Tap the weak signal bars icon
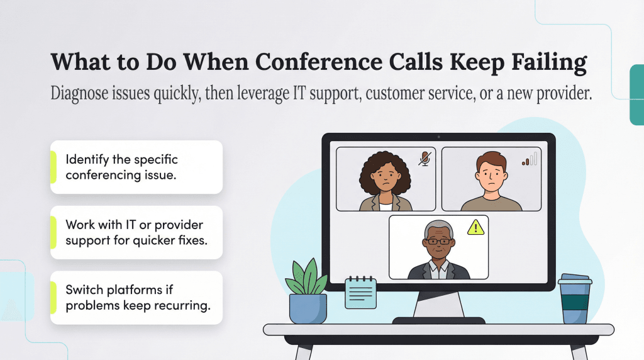click(x=530, y=159)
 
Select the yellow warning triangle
click(x=476, y=227)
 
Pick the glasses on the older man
click(x=438, y=240)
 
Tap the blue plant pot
click(x=308, y=309)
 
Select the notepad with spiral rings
click(x=360, y=293)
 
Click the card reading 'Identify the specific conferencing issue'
click(x=136, y=167)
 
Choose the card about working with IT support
click(x=136, y=232)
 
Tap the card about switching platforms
click(x=136, y=298)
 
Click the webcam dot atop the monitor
click(x=438, y=137)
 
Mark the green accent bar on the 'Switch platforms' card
click(x=53, y=298)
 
